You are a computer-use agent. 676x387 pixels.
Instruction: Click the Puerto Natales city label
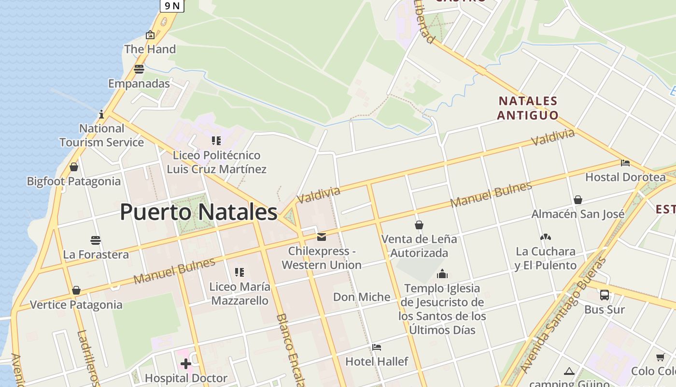point(198,212)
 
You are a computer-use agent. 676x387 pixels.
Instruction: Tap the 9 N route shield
point(172,5)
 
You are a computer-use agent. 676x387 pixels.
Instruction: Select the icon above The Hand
point(150,35)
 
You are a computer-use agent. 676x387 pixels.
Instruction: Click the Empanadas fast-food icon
point(139,69)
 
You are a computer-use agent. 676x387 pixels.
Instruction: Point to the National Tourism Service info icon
point(101,114)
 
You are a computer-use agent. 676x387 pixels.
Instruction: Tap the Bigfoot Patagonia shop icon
point(74,167)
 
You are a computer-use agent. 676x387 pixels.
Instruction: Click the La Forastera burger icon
point(96,240)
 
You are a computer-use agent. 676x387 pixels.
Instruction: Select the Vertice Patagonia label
point(76,305)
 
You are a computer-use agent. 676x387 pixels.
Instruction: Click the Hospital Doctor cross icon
point(186,364)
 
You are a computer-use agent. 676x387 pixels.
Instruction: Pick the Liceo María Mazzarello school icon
point(239,272)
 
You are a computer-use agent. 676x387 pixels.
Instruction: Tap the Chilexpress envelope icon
point(322,237)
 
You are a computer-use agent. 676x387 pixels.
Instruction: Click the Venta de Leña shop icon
point(419,225)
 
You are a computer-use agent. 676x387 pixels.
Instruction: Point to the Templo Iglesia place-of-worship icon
point(442,274)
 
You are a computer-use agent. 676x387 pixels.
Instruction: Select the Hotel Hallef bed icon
point(377,347)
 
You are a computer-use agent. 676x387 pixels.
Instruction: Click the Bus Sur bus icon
point(604,295)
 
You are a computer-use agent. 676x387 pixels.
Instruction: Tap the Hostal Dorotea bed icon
point(625,163)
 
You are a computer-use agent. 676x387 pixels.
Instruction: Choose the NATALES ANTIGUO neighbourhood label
point(528,108)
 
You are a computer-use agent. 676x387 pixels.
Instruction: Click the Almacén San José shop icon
point(577,200)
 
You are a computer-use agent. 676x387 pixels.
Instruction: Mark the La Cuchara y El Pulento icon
point(546,237)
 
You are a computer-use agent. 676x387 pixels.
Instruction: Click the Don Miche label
point(362,297)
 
